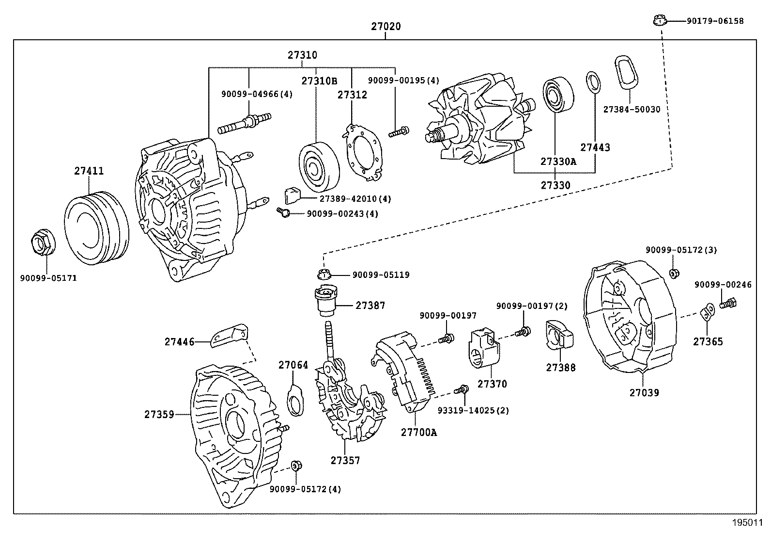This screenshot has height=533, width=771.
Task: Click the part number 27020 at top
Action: (x=386, y=26)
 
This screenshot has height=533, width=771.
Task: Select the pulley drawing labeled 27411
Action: (x=96, y=228)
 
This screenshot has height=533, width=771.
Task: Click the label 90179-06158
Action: (x=715, y=21)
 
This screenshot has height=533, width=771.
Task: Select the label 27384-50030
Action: (x=632, y=110)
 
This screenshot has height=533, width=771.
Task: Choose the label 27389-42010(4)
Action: (x=355, y=199)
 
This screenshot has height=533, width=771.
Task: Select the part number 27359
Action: (x=159, y=415)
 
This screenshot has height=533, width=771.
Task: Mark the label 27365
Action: (x=708, y=341)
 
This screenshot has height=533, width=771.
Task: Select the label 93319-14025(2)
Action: (x=473, y=410)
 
